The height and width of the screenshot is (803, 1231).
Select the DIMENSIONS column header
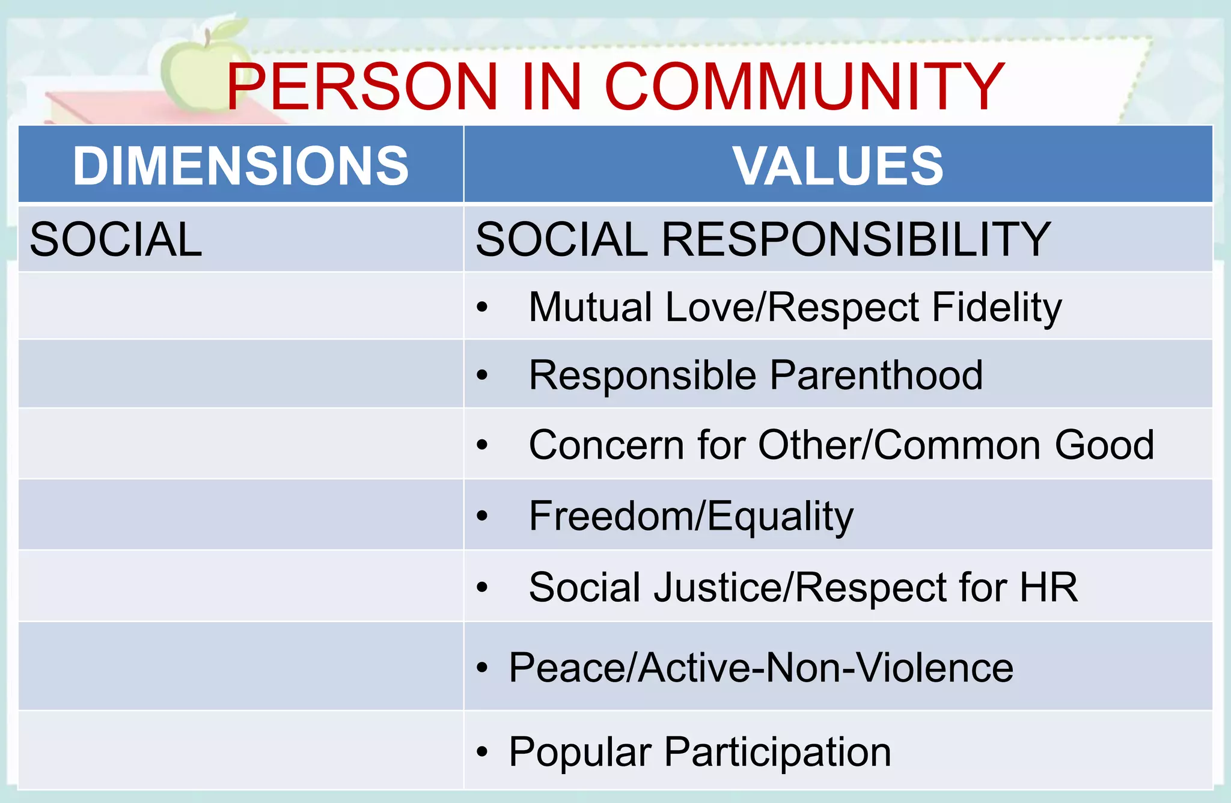pos(240,165)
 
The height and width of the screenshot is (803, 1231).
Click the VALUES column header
pos(838,165)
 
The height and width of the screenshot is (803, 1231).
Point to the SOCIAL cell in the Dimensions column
pos(116,239)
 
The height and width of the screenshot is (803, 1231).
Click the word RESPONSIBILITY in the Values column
pos(856,239)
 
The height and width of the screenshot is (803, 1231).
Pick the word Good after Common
pos(1104,445)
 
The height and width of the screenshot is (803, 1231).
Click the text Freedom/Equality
pos(691,516)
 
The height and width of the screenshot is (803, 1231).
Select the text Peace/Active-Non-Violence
pos(761,667)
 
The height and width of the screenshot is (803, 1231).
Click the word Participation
pos(778,752)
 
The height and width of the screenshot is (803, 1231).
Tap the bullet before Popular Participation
pos(482,752)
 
